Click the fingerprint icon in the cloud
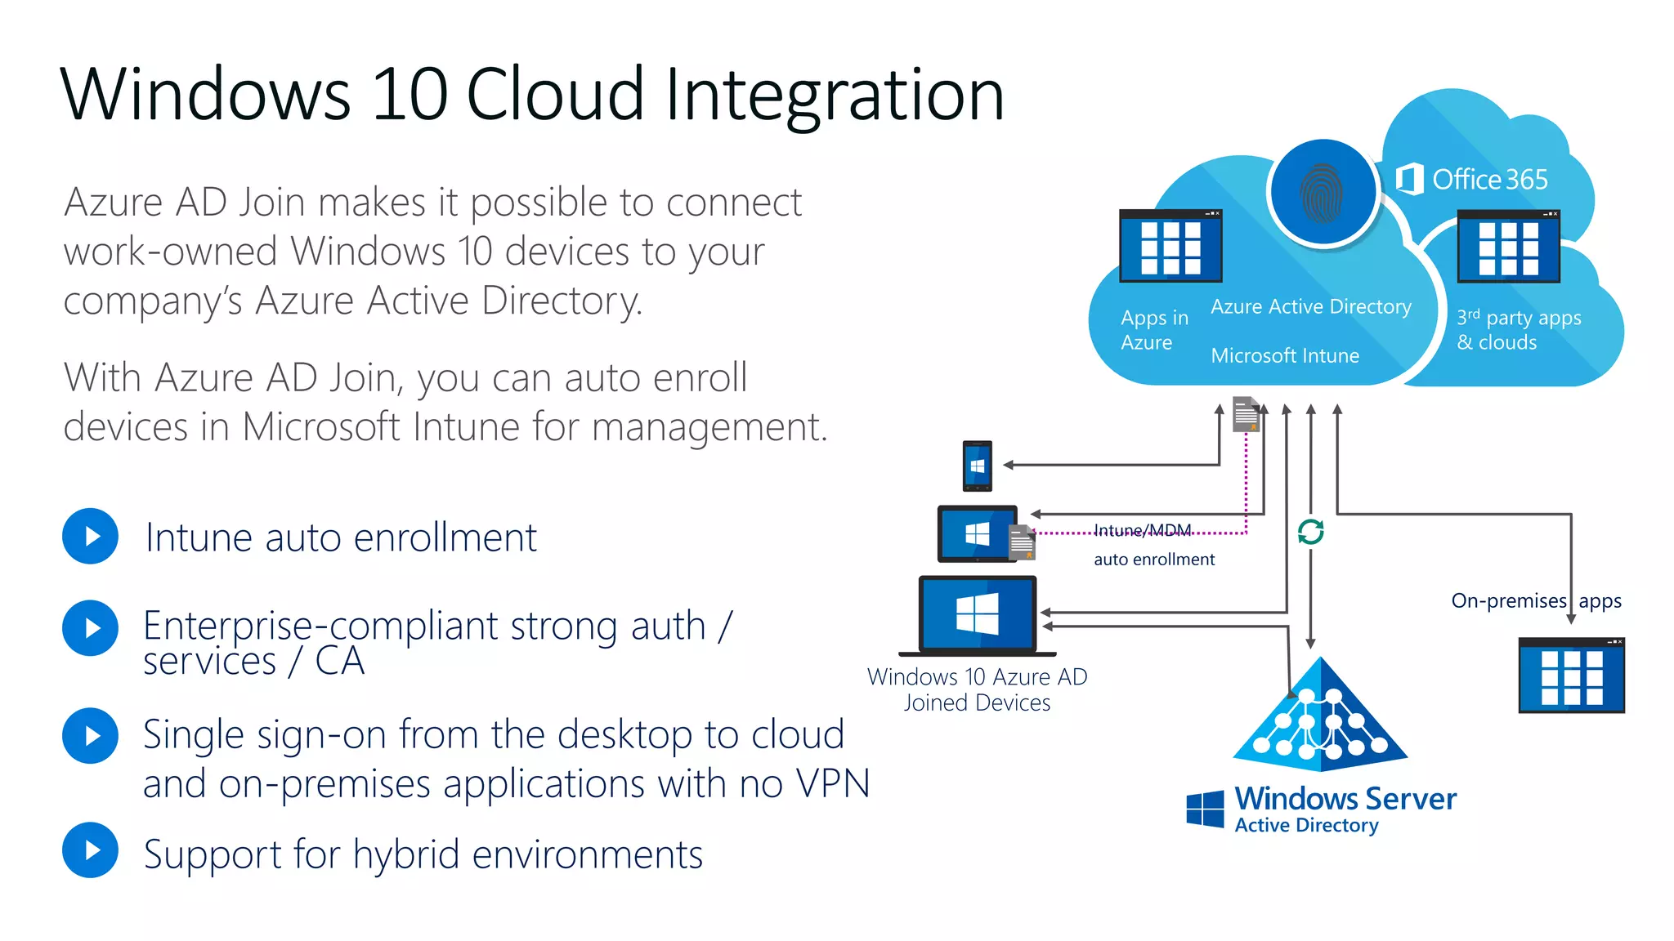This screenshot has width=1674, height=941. (1323, 194)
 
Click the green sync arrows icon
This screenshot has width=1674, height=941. (1310, 532)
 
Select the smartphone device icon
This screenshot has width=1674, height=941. (977, 466)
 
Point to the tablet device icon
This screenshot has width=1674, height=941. (978, 533)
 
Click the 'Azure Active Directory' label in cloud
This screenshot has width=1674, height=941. (1310, 306)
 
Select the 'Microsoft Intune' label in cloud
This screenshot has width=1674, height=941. (1284, 355)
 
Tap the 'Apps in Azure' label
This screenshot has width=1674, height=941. (1153, 329)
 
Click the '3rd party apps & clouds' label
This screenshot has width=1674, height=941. (1518, 329)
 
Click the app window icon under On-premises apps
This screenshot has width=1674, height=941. (1571, 676)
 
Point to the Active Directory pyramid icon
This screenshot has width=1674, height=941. (1320, 719)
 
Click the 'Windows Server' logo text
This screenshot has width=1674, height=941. (1345, 798)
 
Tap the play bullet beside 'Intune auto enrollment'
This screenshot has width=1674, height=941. (91, 536)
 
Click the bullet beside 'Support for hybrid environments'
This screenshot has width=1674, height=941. (91, 850)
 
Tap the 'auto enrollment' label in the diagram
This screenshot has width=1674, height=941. (1153, 560)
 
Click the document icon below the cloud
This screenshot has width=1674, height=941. (1245, 413)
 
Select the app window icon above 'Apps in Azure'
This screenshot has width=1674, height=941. (1170, 246)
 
